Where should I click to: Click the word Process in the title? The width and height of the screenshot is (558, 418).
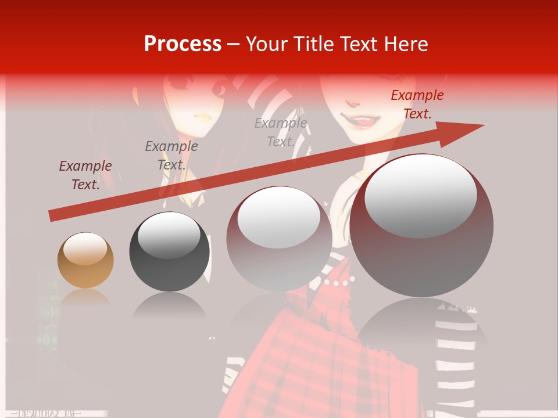point(183,44)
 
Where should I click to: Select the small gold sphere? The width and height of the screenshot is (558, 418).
point(85,261)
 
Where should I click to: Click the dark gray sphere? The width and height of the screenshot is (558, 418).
point(169,252)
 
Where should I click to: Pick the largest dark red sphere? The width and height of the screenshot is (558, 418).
point(421,226)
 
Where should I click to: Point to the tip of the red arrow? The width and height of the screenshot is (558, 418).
point(482,125)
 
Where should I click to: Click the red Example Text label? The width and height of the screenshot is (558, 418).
point(417,105)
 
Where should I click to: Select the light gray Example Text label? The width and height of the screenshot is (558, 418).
point(281,132)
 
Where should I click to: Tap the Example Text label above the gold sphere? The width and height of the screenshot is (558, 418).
point(85,175)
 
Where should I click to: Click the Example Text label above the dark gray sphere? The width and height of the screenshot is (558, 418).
point(171,155)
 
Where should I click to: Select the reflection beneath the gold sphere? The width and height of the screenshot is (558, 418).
point(85,300)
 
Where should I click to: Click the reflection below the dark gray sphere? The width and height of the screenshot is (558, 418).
point(169,305)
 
